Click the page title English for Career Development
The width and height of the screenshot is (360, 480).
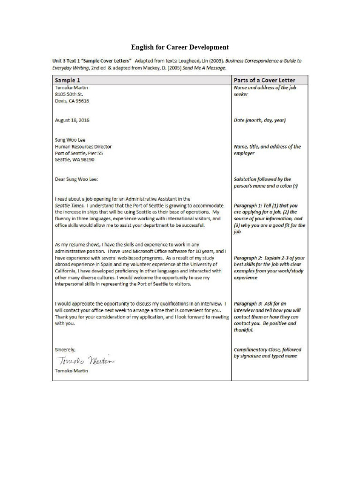(x=180, y=47)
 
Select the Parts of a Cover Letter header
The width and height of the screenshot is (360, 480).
(x=264, y=80)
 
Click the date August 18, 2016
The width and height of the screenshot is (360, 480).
(x=72, y=120)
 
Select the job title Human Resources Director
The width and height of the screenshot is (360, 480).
(x=83, y=146)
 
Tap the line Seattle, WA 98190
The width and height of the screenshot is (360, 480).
(x=75, y=159)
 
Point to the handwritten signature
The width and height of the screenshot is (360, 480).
(x=85, y=360)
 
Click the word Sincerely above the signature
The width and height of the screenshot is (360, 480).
(x=65, y=350)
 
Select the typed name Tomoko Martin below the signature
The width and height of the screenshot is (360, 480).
(x=71, y=371)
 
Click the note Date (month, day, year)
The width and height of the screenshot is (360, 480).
(x=259, y=120)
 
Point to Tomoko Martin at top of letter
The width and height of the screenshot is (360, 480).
(x=71, y=88)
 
